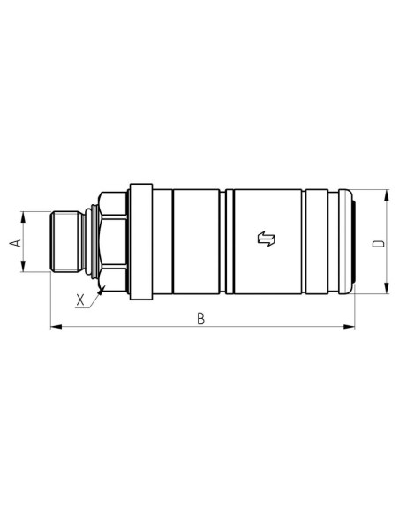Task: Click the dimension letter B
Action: [201, 319]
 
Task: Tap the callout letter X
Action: [81, 299]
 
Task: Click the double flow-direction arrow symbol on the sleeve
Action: [266, 239]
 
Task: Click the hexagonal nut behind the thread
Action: [113, 240]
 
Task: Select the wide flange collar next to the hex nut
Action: [137, 240]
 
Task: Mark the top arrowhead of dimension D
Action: [387, 193]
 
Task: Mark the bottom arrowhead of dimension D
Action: [387, 288]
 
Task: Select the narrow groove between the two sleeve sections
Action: [228, 240]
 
